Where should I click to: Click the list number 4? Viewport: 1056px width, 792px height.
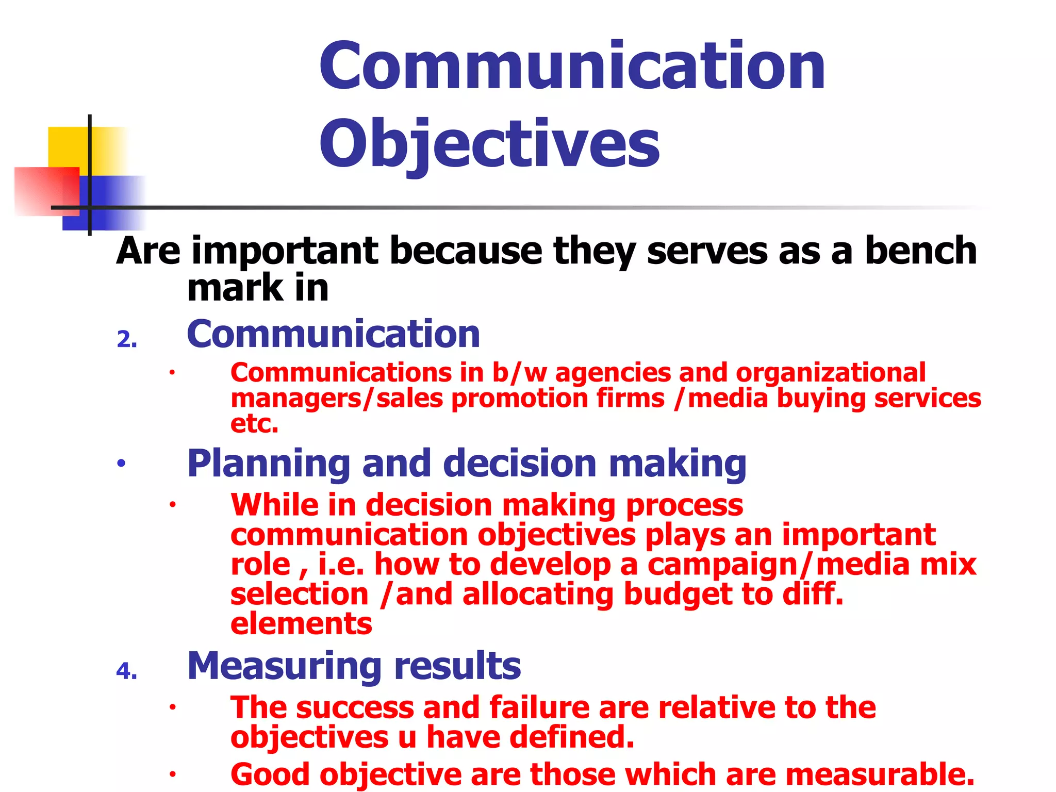127,671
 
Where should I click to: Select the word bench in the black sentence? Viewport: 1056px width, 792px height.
920,251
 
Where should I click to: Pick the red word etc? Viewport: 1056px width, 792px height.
254,424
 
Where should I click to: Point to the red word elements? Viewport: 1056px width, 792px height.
301,624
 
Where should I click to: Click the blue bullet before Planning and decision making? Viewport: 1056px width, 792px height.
121,464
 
